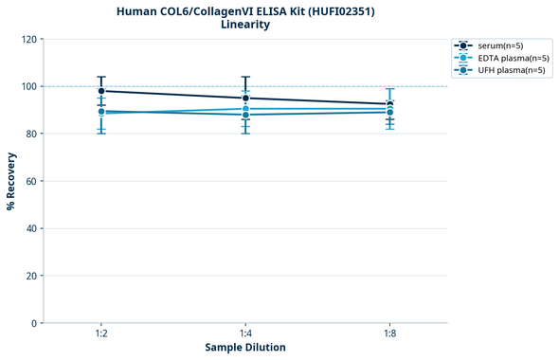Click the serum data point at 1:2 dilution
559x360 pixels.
pyautogui.click(x=101, y=91)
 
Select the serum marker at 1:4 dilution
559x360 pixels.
pyautogui.click(x=245, y=98)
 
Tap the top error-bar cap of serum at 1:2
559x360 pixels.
pyautogui.click(x=101, y=77)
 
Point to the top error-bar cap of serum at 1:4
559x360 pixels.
pyautogui.click(x=245, y=77)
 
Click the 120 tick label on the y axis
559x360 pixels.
pyautogui.click(x=29, y=40)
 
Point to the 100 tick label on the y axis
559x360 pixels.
pyautogui.click(x=29, y=87)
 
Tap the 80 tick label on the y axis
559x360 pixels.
pyautogui.click(x=32, y=135)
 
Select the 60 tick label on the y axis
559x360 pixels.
pyautogui.click(x=32, y=182)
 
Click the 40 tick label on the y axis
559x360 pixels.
pyautogui.click(x=32, y=229)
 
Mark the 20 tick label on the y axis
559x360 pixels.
pyautogui.click(x=32, y=277)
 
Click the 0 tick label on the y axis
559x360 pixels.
pyautogui.click(x=35, y=324)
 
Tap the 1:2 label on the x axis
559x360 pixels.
pyautogui.click(x=101, y=334)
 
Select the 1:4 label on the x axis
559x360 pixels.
pyautogui.click(x=245, y=334)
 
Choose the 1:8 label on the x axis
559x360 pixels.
pyautogui.click(x=390, y=334)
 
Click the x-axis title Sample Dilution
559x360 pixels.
pyautogui.click(x=245, y=348)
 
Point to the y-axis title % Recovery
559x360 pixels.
pyautogui.click(x=10, y=181)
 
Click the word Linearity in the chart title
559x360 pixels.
pyautogui.click(x=245, y=25)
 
